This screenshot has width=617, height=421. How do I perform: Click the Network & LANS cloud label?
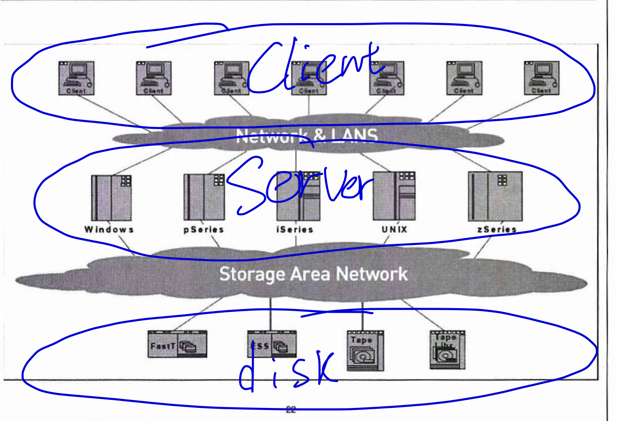coord(307,136)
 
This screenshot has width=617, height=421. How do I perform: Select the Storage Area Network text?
coord(314,274)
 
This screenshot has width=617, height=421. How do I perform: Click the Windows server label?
coord(109,229)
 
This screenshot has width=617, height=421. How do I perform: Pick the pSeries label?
coord(204,229)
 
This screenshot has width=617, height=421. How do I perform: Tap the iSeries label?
coord(295,229)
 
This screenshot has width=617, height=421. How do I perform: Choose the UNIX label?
coord(394,229)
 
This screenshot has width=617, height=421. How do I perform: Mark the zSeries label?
coord(497,229)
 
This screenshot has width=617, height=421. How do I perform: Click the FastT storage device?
coord(177,344)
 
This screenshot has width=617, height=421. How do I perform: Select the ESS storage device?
coord(272,344)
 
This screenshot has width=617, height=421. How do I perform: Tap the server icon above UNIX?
coord(394,196)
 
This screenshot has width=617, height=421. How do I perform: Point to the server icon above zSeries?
coord(495,196)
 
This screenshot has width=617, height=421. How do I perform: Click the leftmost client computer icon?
coord(76,78)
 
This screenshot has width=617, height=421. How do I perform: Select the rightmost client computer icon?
coord(542,78)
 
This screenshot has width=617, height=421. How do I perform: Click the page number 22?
coord(291,409)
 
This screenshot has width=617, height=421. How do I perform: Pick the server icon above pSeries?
coord(204,197)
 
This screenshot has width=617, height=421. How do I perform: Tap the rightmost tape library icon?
coord(447,350)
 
